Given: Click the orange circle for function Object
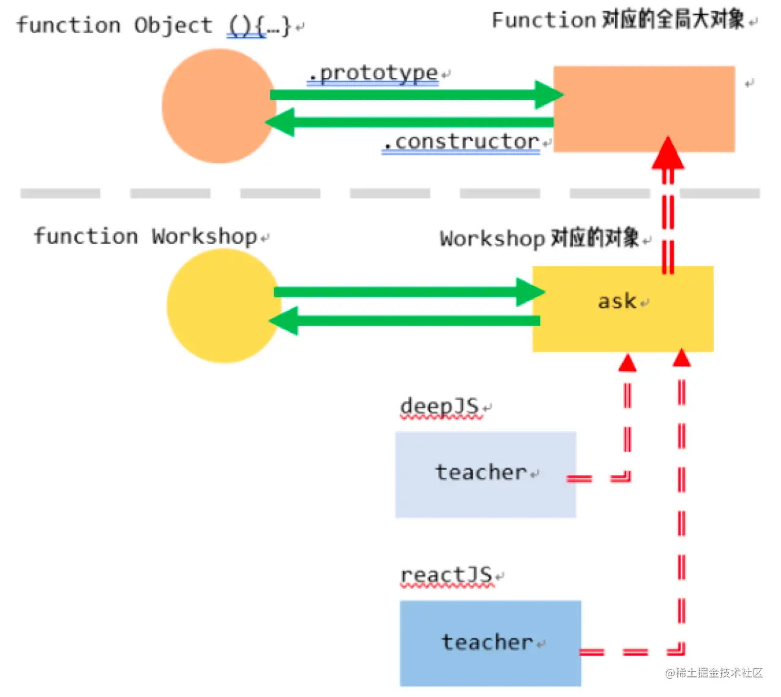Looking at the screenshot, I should (218, 106).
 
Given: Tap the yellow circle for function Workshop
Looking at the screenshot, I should (223, 306).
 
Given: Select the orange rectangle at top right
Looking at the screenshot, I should (644, 109).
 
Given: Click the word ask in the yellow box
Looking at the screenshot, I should (617, 301).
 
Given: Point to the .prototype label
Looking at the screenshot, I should (373, 74).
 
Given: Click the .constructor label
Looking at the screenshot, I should (461, 141).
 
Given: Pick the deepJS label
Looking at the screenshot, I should (440, 406).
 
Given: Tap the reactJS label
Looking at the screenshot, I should (447, 575).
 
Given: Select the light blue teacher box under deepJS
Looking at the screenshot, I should (485, 474).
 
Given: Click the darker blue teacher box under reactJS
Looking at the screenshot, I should (490, 643).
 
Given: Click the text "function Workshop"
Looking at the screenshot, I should (145, 236).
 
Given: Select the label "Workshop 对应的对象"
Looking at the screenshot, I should (539, 238).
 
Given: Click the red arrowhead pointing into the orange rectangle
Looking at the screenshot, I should (668, 154).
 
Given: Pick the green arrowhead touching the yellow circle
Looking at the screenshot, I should (284, 321).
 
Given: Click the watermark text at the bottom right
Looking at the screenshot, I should (714, 673).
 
